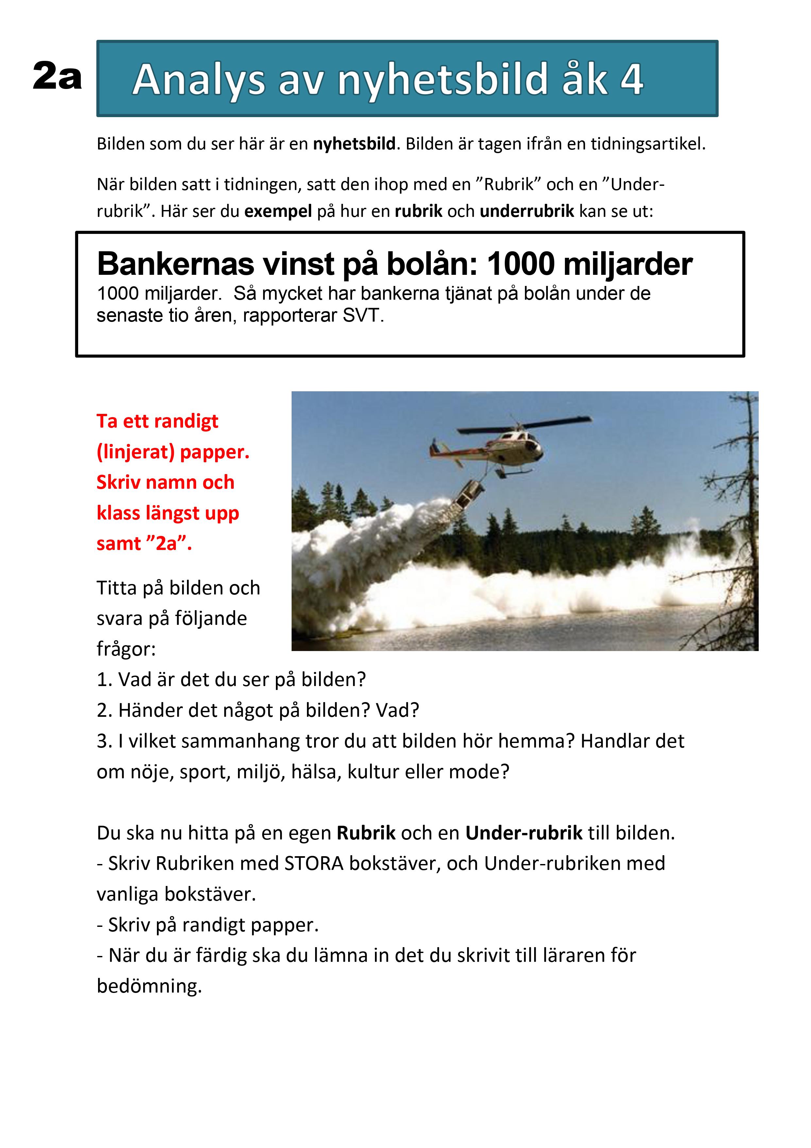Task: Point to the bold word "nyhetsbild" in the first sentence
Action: [354, 144]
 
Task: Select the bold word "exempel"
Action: [278, 211]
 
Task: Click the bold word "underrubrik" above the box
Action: [527, 211]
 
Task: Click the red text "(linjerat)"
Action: [135, 452]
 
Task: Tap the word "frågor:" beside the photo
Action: [126, 649]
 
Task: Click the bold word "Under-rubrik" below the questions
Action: [524, 833]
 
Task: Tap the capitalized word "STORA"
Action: [314, 863]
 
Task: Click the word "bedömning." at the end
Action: [149, 986]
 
